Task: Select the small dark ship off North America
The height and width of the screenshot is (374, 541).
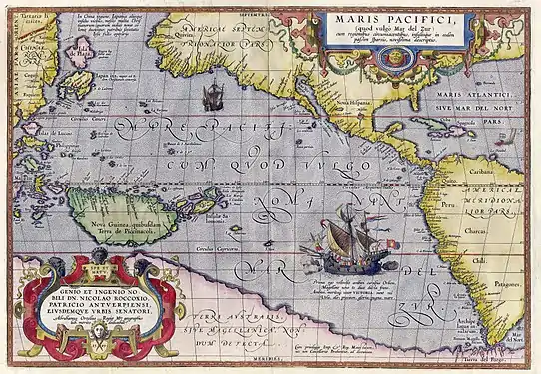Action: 212,97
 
